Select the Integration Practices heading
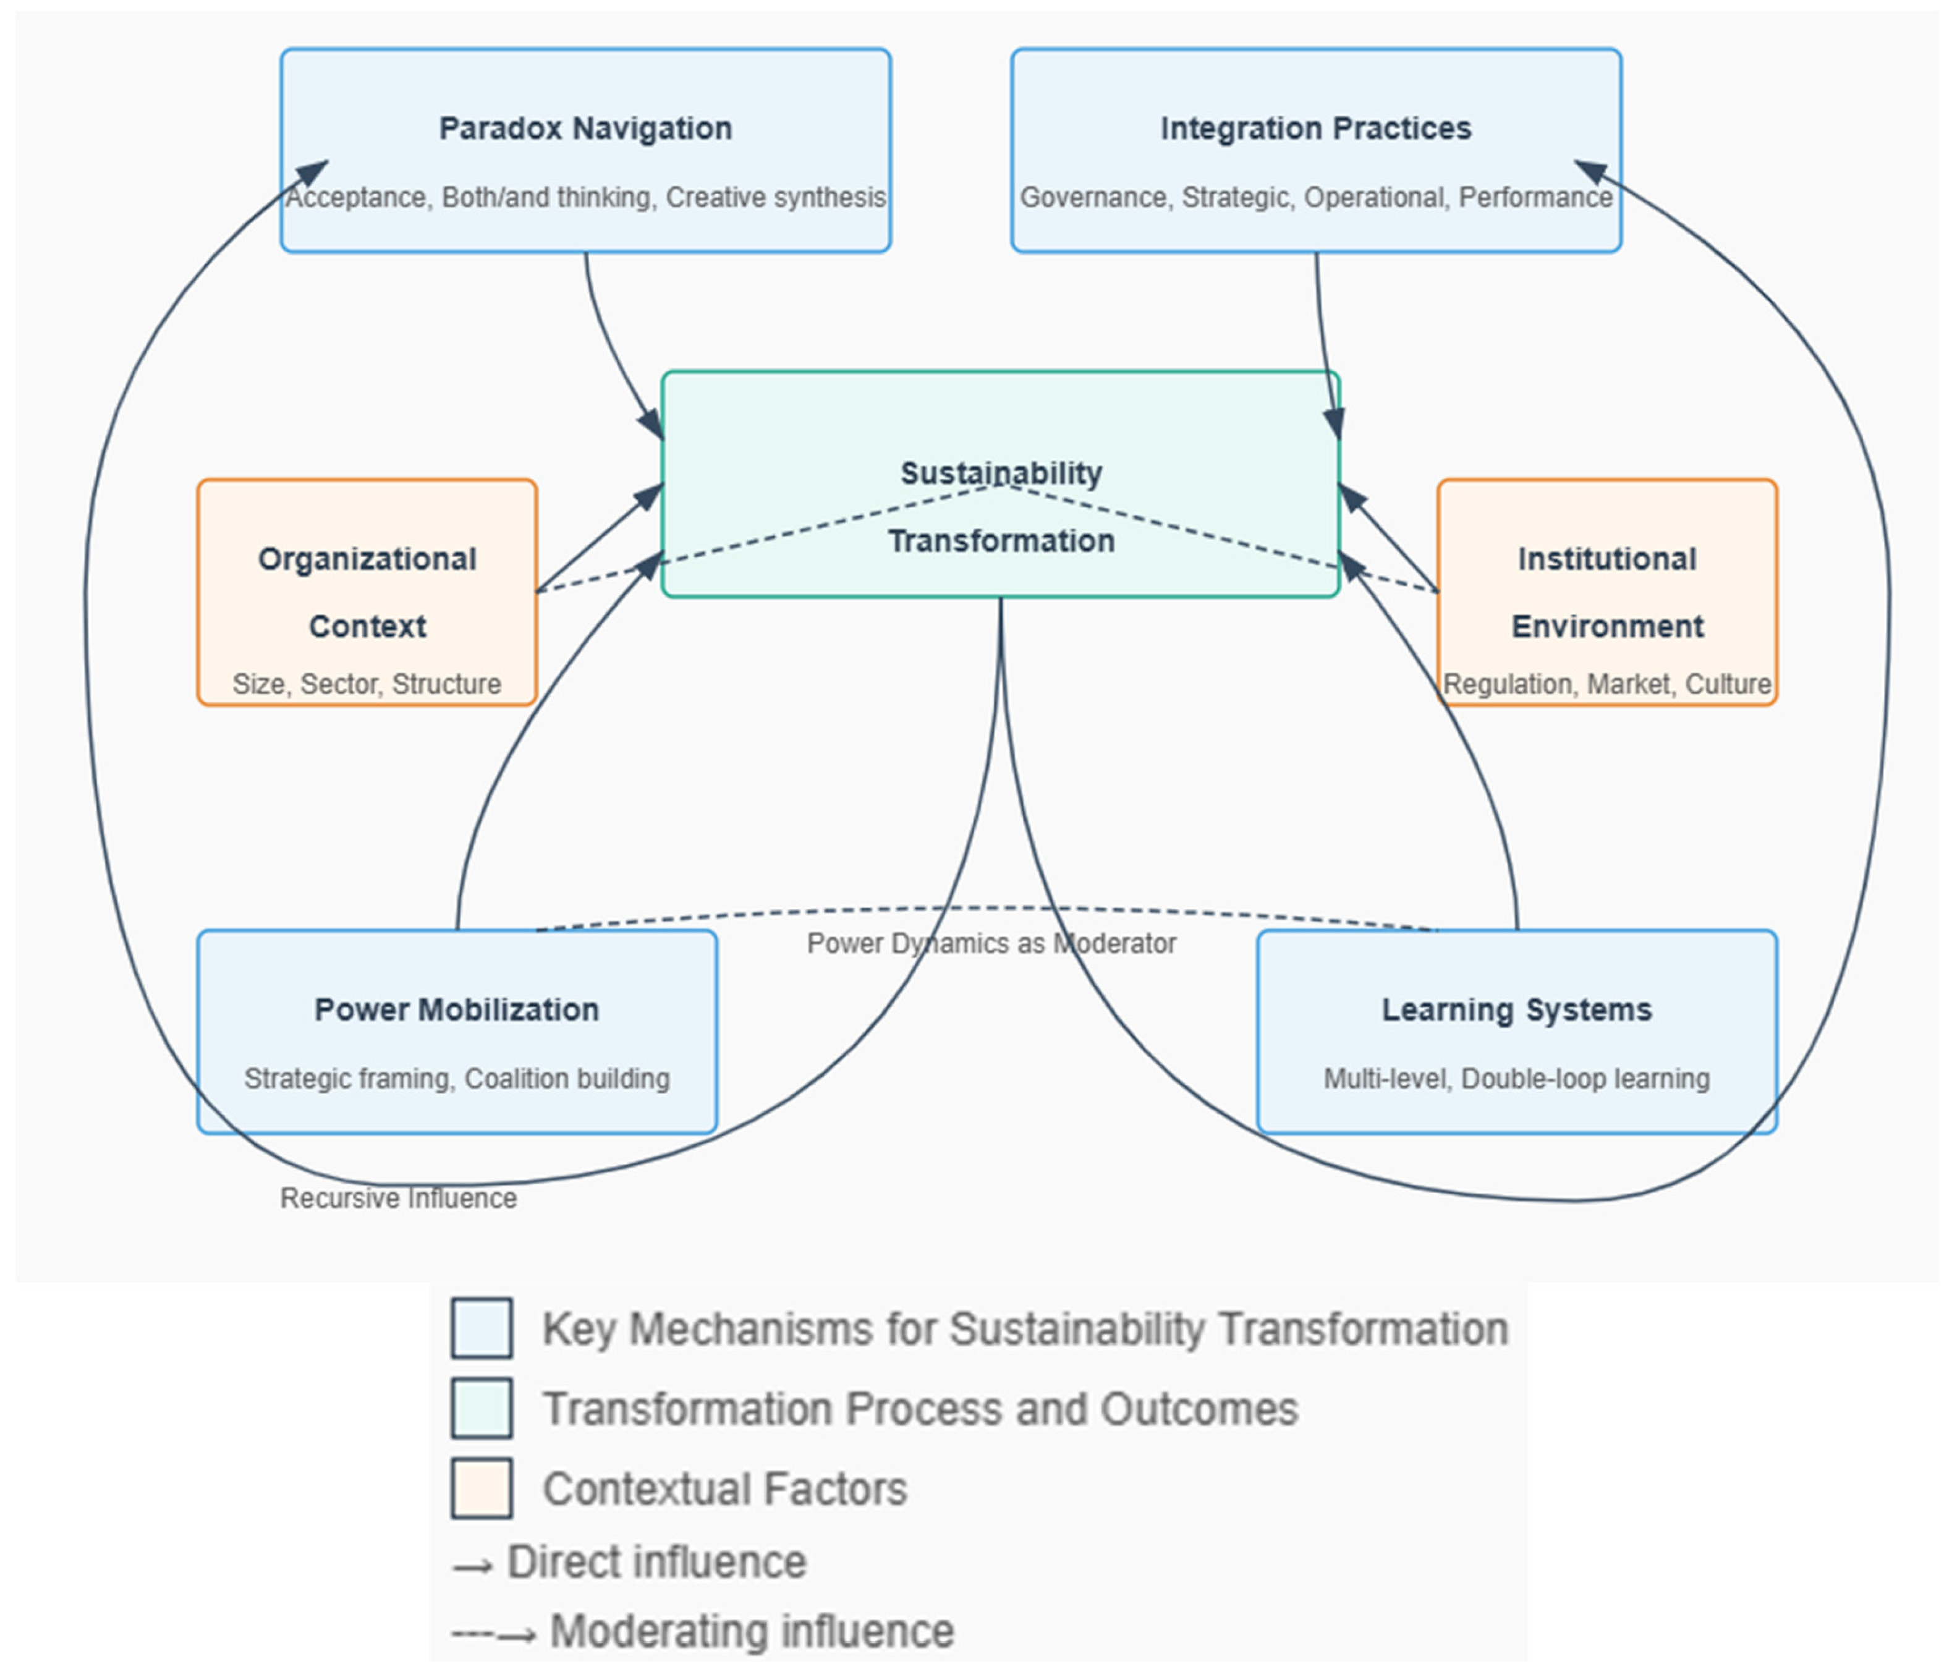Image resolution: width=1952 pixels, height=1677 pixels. (1315, 128)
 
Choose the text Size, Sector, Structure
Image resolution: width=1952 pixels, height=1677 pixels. (367, 684)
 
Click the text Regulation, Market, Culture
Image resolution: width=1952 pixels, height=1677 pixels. (1607, 684)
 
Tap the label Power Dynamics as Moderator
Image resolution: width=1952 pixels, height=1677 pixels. (991, 943)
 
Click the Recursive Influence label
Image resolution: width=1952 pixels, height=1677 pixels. (399, 1199)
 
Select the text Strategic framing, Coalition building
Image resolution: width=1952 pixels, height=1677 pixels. (457, 1079)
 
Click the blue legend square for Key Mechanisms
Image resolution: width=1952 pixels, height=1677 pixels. (482, 1328)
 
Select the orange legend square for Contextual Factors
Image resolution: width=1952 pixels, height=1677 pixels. (482, 1488)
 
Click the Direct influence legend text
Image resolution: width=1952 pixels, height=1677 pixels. (656, 1562)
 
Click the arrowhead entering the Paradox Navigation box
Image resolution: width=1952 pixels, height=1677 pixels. (315, 172)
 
